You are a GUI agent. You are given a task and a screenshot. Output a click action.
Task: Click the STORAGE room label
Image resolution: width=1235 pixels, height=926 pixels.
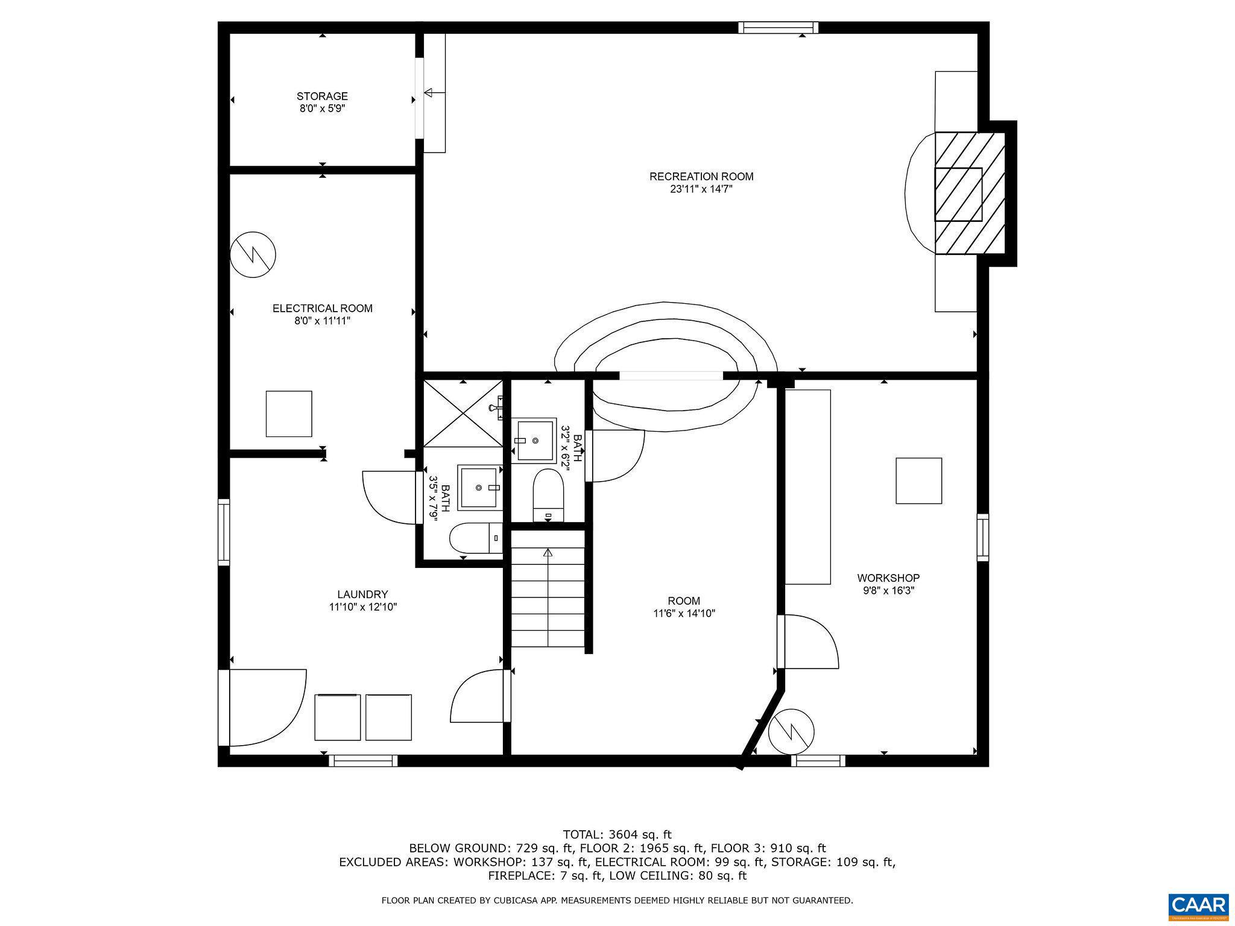pyautogui.click(x=322, y=96)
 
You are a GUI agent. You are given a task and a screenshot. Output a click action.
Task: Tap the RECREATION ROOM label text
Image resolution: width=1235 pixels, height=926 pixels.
pyautogui.click(x=701, y=177)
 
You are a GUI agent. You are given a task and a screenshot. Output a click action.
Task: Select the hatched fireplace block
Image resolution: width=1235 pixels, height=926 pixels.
pyautogui.click(x=970, y=193)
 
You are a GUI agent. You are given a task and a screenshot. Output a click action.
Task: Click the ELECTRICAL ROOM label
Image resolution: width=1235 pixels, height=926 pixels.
pyautogui.click(x=322, y=309)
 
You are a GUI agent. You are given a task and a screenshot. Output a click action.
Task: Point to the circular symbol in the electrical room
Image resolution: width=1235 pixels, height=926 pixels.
pyautogui.click(x=253, y=254)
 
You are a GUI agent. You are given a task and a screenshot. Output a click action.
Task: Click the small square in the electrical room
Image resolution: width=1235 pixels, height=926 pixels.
pyautogui.click(x=289, y=414)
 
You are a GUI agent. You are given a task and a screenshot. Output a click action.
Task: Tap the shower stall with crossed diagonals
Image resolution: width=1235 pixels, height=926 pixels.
pyautogui.click(x=463, y=414)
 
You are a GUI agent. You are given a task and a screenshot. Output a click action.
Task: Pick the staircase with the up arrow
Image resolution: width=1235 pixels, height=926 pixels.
pyautogui.click(x=548, y=597)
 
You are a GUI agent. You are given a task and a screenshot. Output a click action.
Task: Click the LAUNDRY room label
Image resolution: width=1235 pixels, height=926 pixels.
pyautogui.click(x=362, y=594)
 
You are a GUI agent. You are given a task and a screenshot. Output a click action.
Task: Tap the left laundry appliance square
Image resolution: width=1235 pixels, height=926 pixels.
pyautogui.click(x=338, y=717)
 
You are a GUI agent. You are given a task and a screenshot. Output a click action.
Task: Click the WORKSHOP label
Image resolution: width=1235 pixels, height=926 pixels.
pyautogui.click(x=888, y=578)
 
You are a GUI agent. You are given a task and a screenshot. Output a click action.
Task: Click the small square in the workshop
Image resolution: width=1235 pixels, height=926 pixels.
pyautogui.click(x=918, y=480)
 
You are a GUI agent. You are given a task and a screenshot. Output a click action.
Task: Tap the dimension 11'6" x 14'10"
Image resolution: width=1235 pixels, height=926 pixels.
pyautogui.click(x=684, y=614)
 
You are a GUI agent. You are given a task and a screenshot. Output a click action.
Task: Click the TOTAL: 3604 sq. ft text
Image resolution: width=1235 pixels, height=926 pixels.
pyautogui.click(x=617, y=835)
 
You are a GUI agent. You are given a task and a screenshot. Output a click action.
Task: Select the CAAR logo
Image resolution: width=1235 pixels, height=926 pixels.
pyautogui.click(x=1198, y=906)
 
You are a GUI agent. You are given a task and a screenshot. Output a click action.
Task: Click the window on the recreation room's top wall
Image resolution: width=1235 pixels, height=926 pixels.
pyautogui.click(x=779, y=27)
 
